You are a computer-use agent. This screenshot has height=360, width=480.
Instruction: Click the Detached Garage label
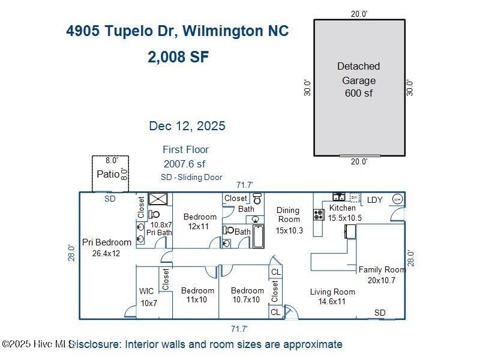click(358, 73)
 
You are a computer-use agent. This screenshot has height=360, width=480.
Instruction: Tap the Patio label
click(108, 174)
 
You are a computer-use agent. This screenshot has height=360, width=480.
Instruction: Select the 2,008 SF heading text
click(178, 57)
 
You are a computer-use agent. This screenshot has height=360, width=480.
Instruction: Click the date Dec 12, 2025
click(187, 126)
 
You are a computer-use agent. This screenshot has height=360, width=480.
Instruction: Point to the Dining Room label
click(288, 215)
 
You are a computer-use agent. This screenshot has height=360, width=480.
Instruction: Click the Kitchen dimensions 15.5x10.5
click(344, 218)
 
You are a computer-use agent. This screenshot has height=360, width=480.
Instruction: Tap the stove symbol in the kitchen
click(319, 215)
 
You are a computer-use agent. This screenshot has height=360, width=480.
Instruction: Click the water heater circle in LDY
click(397, 200)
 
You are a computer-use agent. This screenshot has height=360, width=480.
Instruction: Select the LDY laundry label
click(374, 200)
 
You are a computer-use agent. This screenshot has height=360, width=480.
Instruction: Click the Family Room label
click(382, 269)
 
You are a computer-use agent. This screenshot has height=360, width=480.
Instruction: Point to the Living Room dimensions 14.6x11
click(332, 302)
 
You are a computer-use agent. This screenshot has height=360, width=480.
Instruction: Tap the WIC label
click(146, 291)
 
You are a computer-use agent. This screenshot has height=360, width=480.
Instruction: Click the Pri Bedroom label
click(107, 242)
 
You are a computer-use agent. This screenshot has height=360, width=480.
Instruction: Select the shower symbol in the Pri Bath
click(158, 199)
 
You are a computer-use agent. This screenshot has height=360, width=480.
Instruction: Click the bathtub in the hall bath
click(259, 236)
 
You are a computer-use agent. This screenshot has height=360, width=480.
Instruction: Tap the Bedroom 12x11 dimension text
click(199, 227)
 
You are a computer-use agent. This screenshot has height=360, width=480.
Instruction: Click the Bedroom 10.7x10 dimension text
click(246, 299)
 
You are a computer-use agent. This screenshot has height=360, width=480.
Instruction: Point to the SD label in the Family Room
click(380, 313)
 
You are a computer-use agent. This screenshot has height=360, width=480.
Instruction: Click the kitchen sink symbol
click(339, 197)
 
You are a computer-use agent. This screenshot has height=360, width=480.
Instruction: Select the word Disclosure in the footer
click(95, 344)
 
